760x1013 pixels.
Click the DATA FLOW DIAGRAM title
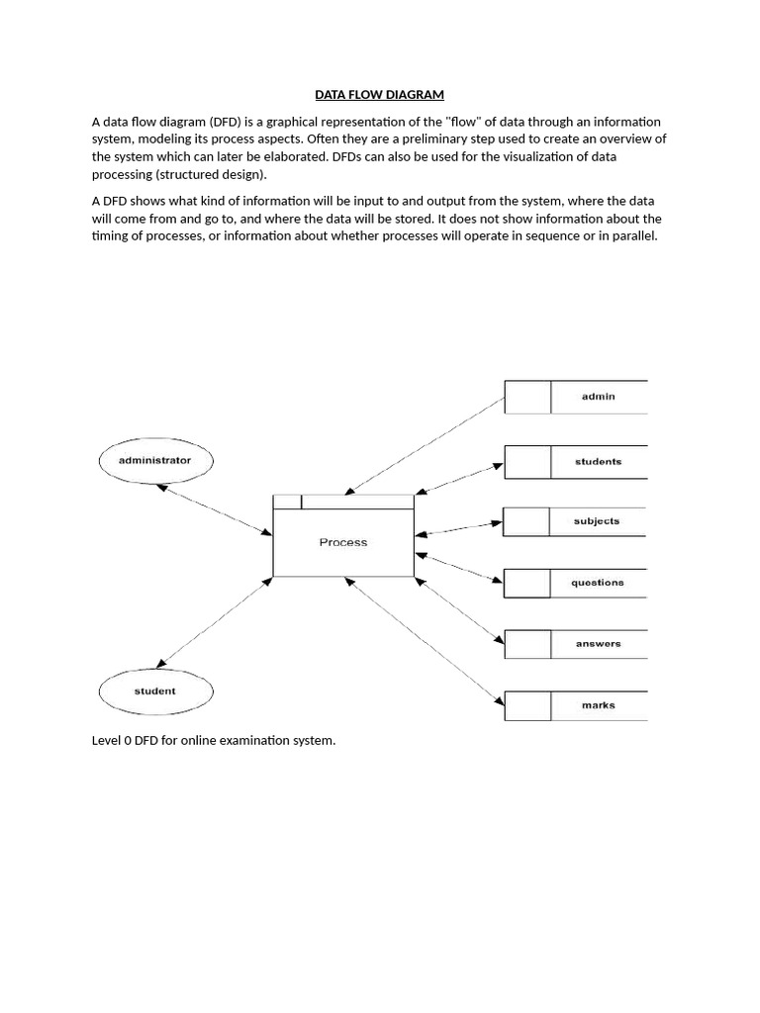[x=379, y=95]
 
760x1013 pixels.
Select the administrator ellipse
[x=154, y=460]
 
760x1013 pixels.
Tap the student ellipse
[x=154, y=691]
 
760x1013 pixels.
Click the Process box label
[x=343, y=542]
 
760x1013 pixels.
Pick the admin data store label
[x=598, y=397]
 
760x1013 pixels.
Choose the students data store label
[x=598, y=462]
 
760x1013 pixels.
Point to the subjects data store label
[x=597, y=521]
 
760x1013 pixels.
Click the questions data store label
[x=597, y=583]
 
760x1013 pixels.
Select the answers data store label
[x=598, y=644]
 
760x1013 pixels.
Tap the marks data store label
[x=598, y=705]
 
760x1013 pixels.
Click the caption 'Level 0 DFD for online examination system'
[x=214, y=741]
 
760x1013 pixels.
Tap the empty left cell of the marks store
[x=527, y=705]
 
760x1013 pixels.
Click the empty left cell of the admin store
[x=527, y=397]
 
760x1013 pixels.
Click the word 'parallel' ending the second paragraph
[x=633, y=236]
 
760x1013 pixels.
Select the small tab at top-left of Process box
[x=287, y=502]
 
